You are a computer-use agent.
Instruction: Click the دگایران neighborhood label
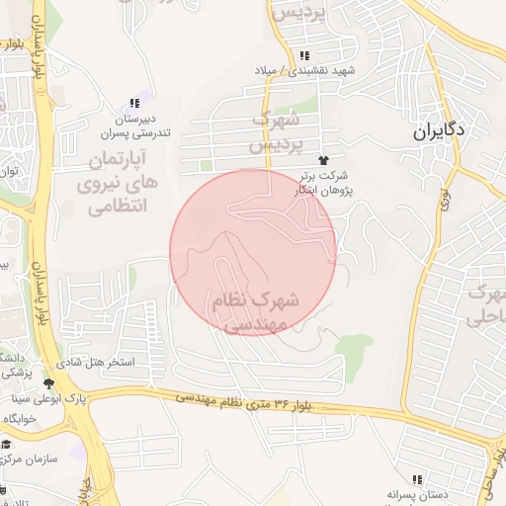click(440, 129)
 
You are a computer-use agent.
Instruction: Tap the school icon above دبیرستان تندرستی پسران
click(135, 104)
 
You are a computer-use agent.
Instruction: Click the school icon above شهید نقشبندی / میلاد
click(304, 55)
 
